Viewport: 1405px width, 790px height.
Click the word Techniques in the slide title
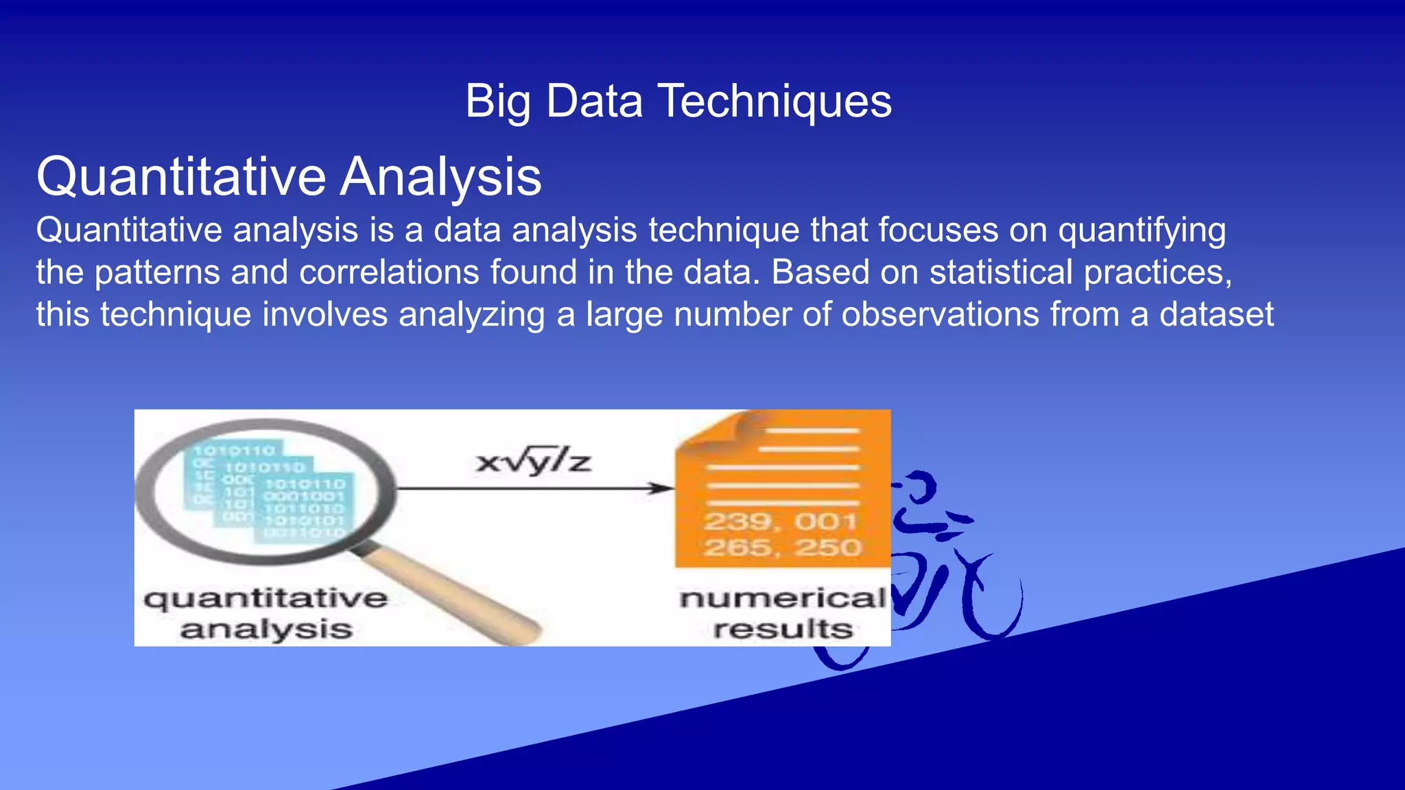click(x=775, y=101)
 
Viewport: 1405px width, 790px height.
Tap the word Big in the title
click(x=497, y=101)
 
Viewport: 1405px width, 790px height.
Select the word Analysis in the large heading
click(x=441, y=177)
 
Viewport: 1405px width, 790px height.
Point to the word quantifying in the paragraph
click(x=1142, y=230)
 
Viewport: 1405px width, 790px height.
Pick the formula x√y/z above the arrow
click(x=533, y=462)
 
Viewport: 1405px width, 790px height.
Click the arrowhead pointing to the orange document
click(x=661, y=488)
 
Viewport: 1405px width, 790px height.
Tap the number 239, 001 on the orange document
click(x=781, y=522)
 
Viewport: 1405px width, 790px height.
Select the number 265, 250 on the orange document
click(x=782, y=548)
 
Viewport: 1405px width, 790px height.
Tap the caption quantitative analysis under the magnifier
click(x=266, y=613)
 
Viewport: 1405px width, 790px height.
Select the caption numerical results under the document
click(x=782, y=613)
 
